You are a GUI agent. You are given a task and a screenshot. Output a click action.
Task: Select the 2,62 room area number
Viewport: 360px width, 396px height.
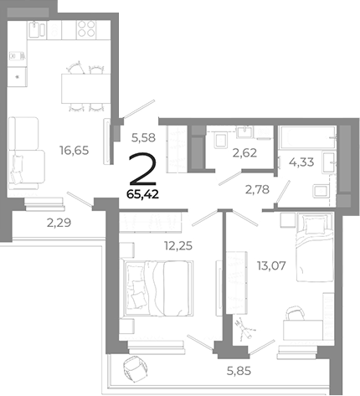point(244,152)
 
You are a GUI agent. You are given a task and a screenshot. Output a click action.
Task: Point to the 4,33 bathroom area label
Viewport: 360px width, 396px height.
point(301,162)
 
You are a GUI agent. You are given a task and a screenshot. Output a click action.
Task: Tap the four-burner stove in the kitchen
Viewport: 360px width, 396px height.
point(86,28)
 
